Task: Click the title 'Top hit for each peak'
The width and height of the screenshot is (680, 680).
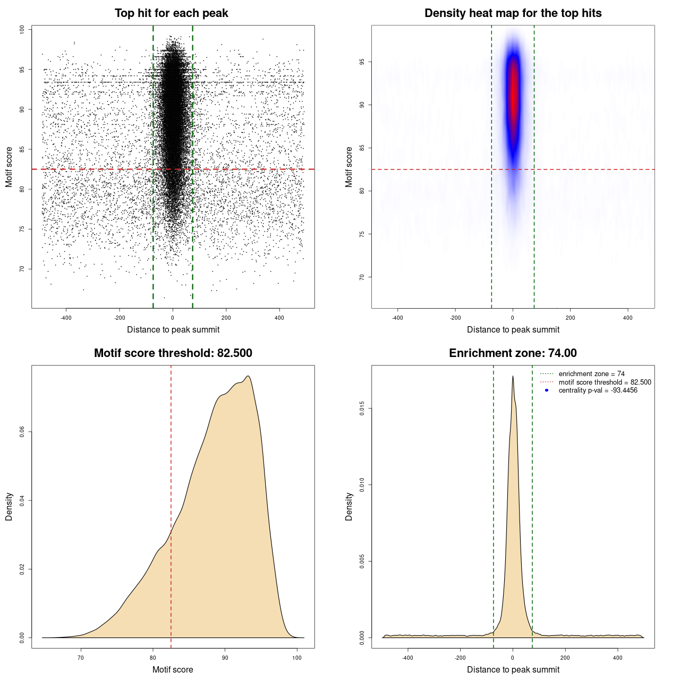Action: [x=171, y=13]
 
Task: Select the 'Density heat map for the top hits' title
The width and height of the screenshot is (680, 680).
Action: [x=513, y=13]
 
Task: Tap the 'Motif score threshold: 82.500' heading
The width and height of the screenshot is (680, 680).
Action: [x=173, y=353]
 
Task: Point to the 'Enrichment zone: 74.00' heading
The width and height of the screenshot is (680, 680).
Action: [x=513, y=353]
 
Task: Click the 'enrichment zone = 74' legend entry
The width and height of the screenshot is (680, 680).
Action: [x=591, y=374]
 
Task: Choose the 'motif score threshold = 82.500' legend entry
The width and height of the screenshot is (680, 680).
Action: [x=605, y=382]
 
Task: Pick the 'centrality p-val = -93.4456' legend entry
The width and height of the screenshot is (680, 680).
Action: [x=598, y=390]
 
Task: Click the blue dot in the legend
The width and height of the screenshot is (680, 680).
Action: [x=547, y=390]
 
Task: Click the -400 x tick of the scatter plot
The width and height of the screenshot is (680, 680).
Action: [x=66, y=318]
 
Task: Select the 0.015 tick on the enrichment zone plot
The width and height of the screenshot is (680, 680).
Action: [x=362, y=409]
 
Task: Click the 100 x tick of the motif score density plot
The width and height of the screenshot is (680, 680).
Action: [x=297, y=658]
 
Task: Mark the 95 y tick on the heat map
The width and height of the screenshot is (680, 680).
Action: [x=362, y=62]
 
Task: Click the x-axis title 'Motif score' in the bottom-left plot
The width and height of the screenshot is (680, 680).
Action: [x=173, y=669]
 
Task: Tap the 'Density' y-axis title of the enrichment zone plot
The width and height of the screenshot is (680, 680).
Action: [x=349, y=506]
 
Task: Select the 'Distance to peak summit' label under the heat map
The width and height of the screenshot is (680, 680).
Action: [x=513, y=329]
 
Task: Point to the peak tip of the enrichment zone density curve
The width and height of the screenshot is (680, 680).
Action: [x=513, y=376]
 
